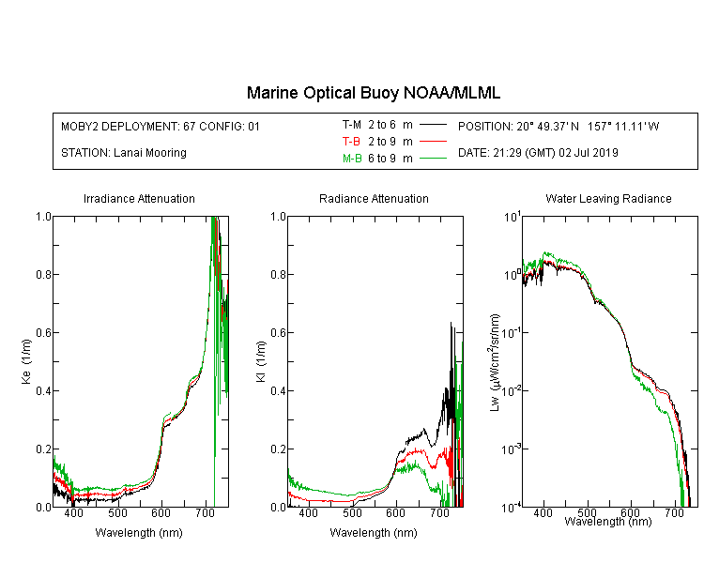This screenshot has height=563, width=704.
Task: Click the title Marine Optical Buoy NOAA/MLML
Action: pyautogui.click(x=373, y=93)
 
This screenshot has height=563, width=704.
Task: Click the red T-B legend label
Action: pyautogui.click(x=351, y=142)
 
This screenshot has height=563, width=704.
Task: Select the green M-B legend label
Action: pyautogui.click(x=352, y=159)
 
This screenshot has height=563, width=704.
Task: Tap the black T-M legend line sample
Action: pyautogui.click(x=434, y=125)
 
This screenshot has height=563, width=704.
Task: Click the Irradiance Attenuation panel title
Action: pyautogui.click(x=139, y=198)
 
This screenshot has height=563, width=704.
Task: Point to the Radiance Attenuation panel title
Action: pyautogui.click(x=374, y=198)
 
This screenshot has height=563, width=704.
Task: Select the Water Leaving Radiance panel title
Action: pyautogui.click(x=608, y=198)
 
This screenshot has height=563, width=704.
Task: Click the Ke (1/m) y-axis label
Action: pyautogui.click(x=26, y=361)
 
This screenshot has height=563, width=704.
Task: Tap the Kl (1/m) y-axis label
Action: pyautogui.click(x=261, y=361)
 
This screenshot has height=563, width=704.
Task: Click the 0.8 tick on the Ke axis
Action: pyautogui.click(x=43, y=274)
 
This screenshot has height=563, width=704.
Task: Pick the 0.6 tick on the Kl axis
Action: pyautogui.click(x=279, y=333)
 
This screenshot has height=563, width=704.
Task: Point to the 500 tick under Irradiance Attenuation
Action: pyautogui.click(x=117, y=513)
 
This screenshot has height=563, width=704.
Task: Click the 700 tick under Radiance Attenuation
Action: pyautogui.click(x=439, y=513)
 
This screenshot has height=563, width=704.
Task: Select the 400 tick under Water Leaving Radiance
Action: pyautogui.click(x=543, y=512)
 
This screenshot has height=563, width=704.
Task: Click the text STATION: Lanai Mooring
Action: pyautogui.click(x=124, y=153)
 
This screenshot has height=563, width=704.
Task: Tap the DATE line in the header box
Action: pyautogui.click(x=538, y=153)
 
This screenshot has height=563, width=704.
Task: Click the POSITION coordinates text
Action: pyautogui.click(x=559, y=126)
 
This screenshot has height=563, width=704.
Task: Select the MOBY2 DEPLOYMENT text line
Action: pyautogui.click(x=161, y=126)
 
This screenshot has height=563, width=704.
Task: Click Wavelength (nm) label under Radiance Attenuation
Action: pyautogui.click(x=374, y=533)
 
